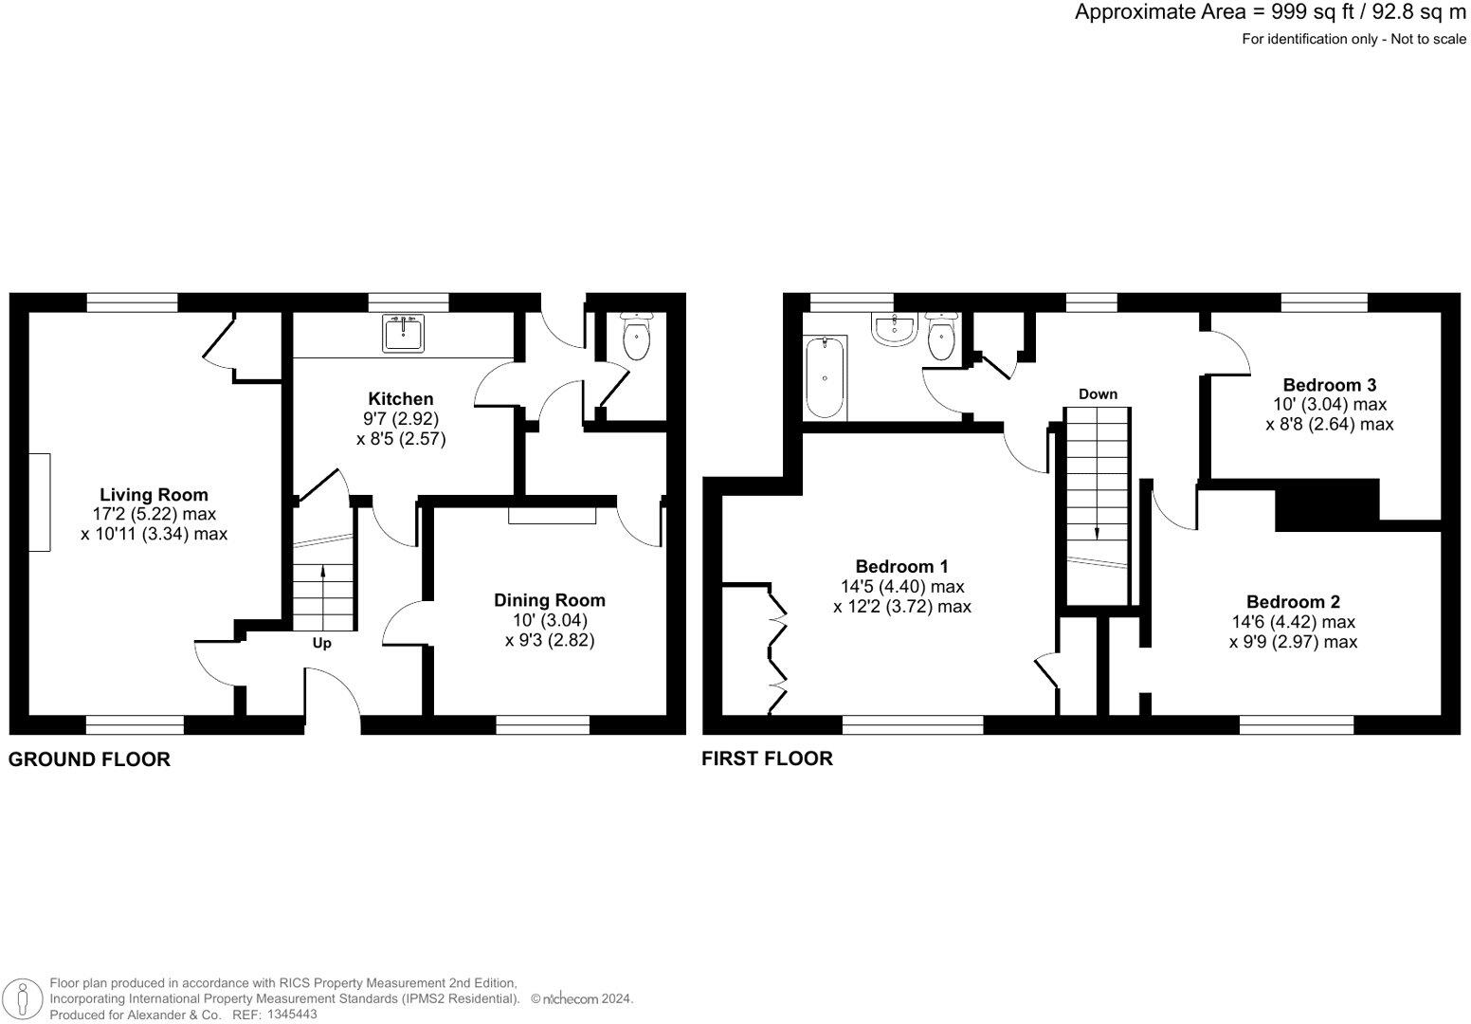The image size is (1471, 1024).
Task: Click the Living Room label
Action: click(154, 495)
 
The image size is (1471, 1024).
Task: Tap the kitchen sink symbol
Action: click(405, 333)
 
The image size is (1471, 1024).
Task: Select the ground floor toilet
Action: click(636, 338)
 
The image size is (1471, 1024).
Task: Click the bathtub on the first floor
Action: click(825, 377)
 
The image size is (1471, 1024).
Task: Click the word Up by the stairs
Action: click(322, 643)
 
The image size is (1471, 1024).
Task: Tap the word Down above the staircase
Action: click(1098, 393)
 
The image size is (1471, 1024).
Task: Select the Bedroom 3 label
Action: click(1329, 385)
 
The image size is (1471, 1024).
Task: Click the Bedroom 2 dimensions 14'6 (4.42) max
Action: click(1300, 622)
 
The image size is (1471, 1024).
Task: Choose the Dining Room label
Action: click(549, 600)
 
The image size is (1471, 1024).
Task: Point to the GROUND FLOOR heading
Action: click(90, 759)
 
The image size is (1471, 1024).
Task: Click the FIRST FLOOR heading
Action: click(767, 759)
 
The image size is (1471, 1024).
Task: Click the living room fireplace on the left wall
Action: click(39, 502)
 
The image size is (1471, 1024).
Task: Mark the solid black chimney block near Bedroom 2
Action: click(1326, 505)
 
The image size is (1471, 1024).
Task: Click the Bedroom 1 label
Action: click(901, 567)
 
